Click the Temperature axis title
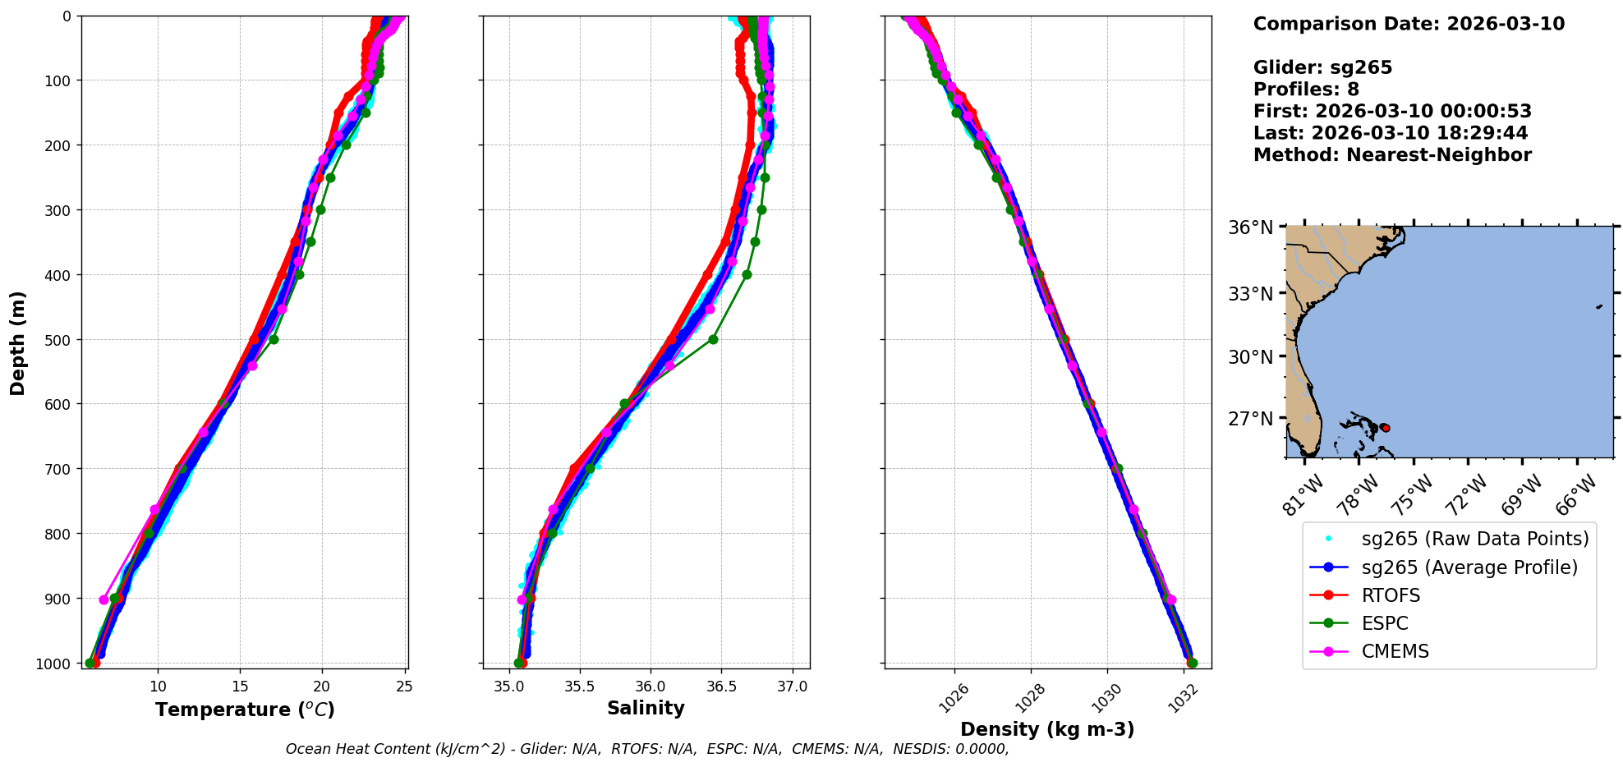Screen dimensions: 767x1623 tap(245, 710)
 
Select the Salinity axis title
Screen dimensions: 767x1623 tap(646, 708)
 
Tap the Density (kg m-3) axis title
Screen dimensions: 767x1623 tap(1047, 729)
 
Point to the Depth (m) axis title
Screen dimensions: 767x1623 tap(18, 343)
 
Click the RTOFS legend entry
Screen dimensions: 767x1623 tap(1391, 595)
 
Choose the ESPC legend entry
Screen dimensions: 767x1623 tap(1385, 623)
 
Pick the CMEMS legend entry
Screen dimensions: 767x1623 tap(1395, 651)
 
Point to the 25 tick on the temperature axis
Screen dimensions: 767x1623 tap(403, 687)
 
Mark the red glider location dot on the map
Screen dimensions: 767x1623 tap(1386, 428)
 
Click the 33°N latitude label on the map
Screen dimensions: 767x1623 tap(1251, 293)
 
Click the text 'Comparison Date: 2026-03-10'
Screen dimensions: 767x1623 tap(1409, 24)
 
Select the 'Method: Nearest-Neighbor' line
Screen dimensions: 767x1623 tap(1392, 155)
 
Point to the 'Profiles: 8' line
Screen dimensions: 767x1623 tap(1306, 90)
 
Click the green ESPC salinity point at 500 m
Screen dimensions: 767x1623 tap(713, 339)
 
